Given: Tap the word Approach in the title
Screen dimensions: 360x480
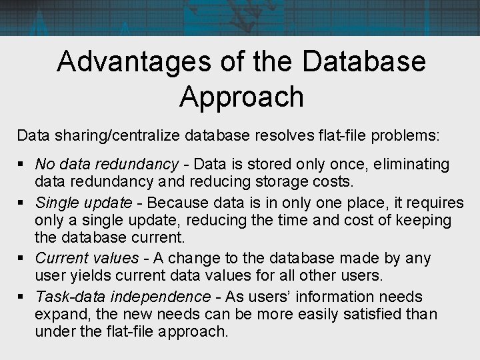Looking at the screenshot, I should pos(241,97).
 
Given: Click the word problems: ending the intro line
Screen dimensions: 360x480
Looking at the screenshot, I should pos(407,135).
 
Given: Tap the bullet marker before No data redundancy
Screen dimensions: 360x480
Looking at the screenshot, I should pos(22,164).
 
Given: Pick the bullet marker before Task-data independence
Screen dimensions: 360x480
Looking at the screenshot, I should pos(22,297).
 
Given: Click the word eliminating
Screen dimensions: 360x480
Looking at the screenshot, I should pos(412,164).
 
